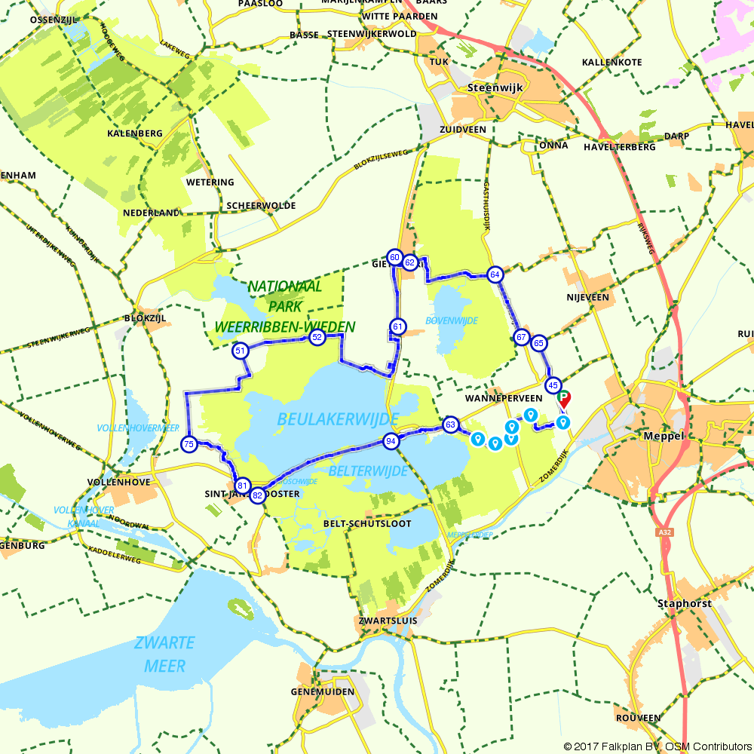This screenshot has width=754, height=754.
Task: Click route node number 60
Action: [x=394, y=257]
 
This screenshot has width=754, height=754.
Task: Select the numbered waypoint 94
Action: [x=391, y=441]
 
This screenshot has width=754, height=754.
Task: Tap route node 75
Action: [x=189, y=445]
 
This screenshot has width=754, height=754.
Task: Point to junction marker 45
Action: [x=553, y=385]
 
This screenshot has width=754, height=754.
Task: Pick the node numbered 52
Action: [x=317, y=337]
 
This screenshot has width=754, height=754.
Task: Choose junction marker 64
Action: [x=495, y=274]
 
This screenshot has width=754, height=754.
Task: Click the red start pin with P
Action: [x=564, y=400]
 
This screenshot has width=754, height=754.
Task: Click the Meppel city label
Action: [x=663, y=437]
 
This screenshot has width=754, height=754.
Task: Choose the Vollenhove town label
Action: [x=119, y=481]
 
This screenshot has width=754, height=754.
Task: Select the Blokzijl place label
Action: [x=145, y=318]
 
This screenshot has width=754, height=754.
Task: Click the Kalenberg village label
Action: [x=135, y=133]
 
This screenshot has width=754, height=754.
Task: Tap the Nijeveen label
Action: [x=587, y=297]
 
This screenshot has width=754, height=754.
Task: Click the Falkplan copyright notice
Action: [x=656, y=746]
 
